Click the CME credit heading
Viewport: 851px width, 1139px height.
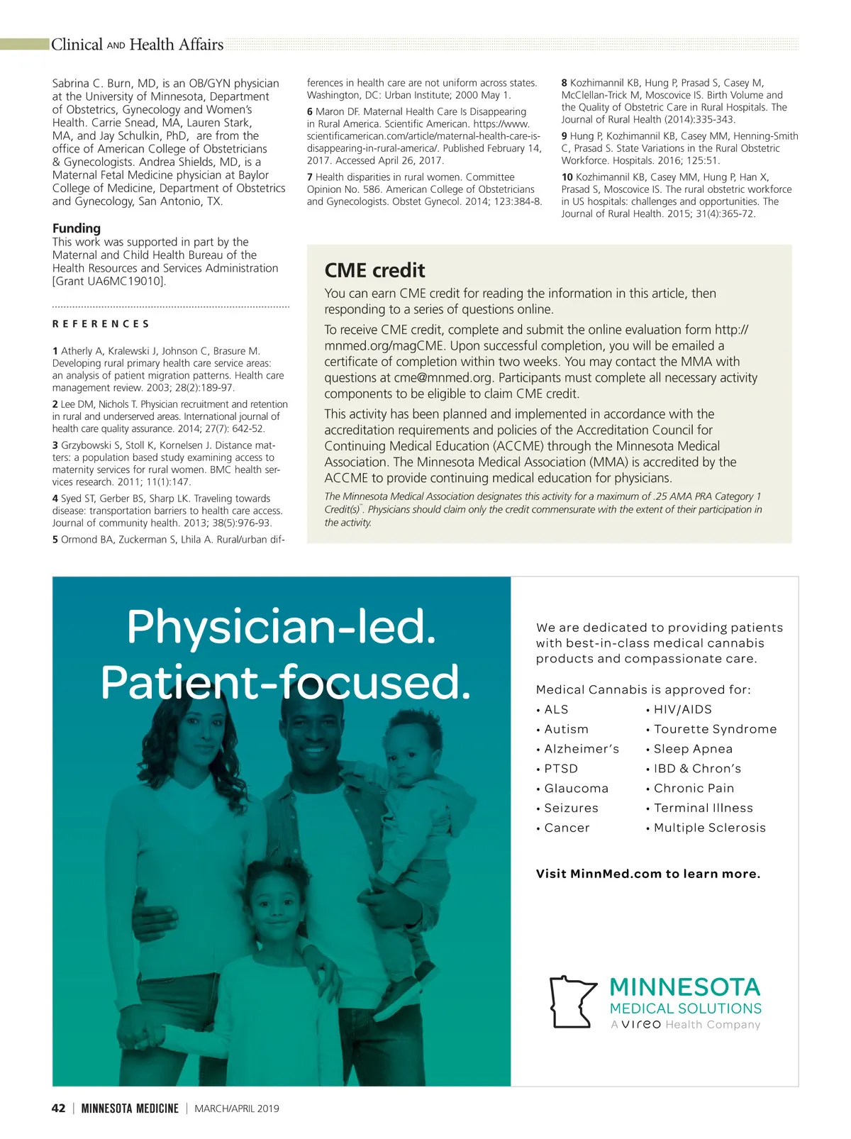coord(374,270)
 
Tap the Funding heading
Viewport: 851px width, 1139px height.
coord(77,228)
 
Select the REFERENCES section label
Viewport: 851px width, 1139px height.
coord(101,324)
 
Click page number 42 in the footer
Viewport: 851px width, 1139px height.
coord(59,1109)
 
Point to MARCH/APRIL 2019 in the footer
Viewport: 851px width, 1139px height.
coord(237,1109)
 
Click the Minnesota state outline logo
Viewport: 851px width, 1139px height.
coord(572,1001)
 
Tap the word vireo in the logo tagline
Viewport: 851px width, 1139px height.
coord(641,1025)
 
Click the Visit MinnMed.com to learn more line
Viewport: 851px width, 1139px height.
coord(648,874)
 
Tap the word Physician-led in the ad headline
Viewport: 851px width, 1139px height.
coord(281,627)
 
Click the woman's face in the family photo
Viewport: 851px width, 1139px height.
coord(196,738)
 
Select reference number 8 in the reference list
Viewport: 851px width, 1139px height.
coord(564,83)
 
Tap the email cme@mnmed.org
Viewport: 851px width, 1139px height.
coord(443,378)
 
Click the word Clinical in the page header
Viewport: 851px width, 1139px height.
coord(77,45)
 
